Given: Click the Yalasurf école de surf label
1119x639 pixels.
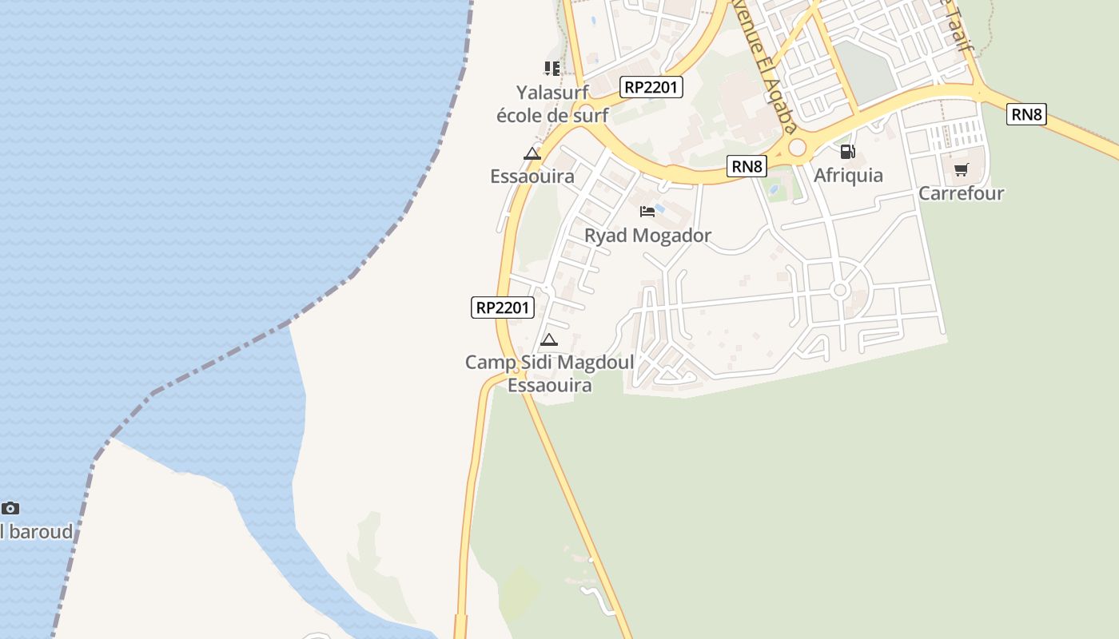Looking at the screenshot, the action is [x=552, y=104].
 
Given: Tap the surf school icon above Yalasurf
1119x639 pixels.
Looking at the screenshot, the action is [x=552, y=69].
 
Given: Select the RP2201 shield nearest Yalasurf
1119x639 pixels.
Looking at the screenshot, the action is [x=651, y=87].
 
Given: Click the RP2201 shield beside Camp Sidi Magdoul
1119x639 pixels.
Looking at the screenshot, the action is [x=503, y=307].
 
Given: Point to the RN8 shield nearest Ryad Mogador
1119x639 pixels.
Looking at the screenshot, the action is [x=747, y=166].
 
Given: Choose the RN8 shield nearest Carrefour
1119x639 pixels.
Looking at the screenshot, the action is [x=1026, y=114].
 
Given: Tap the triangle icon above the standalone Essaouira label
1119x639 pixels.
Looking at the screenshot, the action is [x=532, y=154].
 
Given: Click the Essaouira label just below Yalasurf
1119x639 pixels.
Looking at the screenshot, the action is [x=532, y=177].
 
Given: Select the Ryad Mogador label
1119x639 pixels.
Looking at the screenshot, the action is [x=647, y=236].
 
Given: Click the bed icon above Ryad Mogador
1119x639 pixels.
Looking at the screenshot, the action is [x=647, y=212].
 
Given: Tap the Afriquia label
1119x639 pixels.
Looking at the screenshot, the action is [x=848, y=176].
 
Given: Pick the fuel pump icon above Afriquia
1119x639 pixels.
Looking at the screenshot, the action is [x=847, y=152].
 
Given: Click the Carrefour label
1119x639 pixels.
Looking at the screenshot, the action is [x=961, y=193].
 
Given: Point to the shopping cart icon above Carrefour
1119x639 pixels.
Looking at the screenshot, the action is [x=961, y=169].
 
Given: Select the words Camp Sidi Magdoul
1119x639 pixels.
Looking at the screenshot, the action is [x=550, y=363].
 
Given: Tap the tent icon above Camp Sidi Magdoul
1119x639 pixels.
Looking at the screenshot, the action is [x=548, y=340].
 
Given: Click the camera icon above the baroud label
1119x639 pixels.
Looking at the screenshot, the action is [x=10, y=508].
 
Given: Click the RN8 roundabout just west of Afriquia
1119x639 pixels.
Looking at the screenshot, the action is [x=797, y=148].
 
